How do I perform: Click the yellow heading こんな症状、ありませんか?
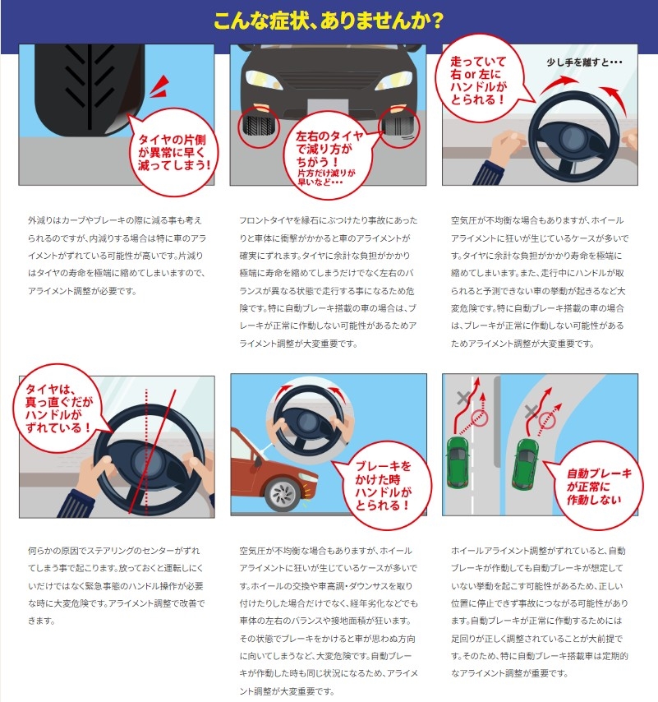[329, 21]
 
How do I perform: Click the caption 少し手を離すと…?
[584, 62]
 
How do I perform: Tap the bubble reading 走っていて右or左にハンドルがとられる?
[480, 79]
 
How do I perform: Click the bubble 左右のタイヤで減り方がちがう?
[329, 155]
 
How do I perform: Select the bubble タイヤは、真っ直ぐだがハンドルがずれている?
[58, 408]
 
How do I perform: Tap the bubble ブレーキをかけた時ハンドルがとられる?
[383, 486]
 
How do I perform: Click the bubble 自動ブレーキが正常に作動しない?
[597, 486]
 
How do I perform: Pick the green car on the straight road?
[458, 463]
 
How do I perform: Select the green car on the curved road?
[526, 464]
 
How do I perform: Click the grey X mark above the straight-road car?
[463, 398]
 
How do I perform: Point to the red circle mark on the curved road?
[546, 420]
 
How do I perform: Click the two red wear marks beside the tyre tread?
[159, 86]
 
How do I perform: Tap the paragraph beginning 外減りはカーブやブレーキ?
[117, 256]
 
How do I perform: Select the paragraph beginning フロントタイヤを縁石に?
[329, 282]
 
